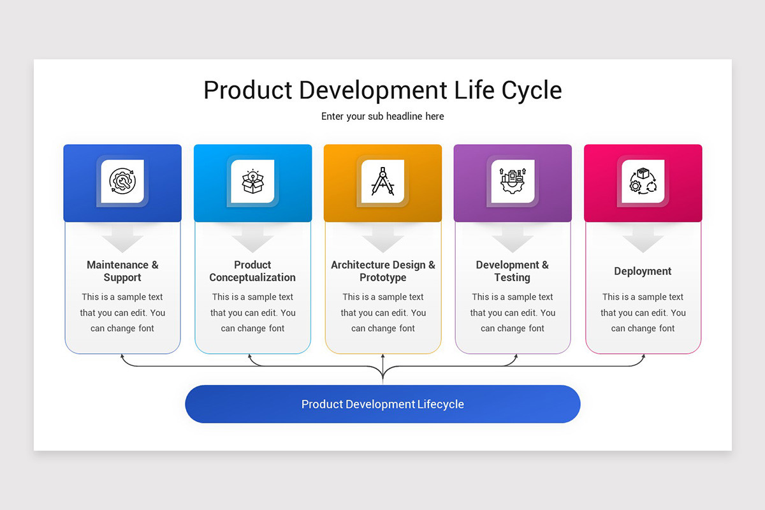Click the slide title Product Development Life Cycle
382,90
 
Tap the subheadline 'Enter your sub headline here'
382,116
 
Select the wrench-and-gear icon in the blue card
122,182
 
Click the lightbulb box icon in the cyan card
252,182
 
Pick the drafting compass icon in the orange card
382,182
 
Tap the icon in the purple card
513,182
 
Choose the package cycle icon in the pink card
643,182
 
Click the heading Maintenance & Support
122,271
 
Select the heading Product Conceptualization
252,271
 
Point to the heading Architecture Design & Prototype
382,271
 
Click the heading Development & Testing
513,271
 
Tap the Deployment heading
643,271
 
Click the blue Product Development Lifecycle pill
382,404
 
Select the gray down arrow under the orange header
382,239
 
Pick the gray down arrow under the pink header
643,239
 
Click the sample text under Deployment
643,312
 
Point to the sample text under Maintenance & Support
122,312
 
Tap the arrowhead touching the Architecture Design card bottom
382,356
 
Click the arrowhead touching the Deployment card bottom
643,356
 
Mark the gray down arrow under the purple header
513,239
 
